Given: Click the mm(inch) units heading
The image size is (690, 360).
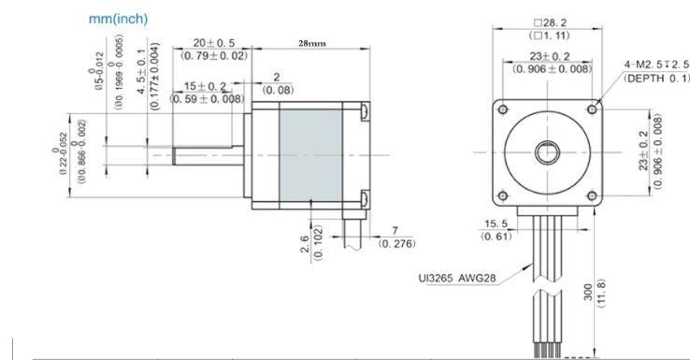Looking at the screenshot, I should coord(118,19).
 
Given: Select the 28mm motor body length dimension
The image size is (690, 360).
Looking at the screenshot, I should coord(311,44).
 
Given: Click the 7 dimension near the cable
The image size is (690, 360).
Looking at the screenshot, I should coord(395,230).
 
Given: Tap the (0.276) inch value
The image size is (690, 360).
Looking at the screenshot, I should coord(395,244).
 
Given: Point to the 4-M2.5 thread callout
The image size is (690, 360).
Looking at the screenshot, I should coord(655,65).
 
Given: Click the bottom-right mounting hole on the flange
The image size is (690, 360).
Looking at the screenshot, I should coord(591,194).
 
